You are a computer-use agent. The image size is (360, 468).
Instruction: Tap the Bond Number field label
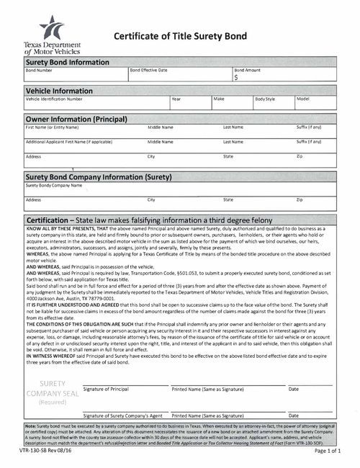click(39, 71)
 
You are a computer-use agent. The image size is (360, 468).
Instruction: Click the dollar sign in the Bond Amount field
click(236, 79)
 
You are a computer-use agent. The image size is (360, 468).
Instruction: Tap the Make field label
click(219, 98)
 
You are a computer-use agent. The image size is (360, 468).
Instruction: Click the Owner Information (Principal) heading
click(76, 118)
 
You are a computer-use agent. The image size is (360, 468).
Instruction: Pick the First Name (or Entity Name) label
click(52, 127)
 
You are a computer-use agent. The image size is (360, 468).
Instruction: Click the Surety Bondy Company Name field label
click(54, 185)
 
